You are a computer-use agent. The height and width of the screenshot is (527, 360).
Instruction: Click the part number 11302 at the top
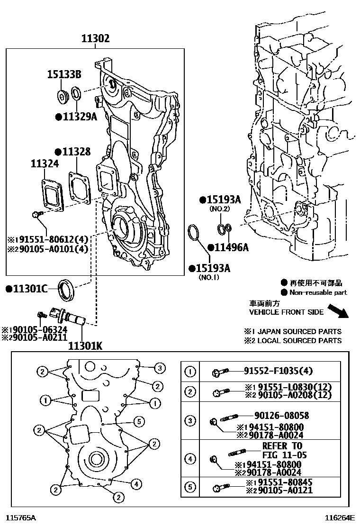coord(95,39)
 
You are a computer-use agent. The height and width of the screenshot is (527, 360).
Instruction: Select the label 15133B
coord(64,74)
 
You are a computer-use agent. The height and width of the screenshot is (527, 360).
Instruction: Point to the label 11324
coord(45,164)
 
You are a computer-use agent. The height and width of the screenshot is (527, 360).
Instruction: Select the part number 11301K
coord(86,345)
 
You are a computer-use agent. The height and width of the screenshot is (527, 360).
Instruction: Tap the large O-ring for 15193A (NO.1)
coord(193,234)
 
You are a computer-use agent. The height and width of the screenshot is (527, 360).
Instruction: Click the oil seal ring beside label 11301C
coord(65,290)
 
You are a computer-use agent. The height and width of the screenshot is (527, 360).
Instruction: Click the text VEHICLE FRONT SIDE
coord(287,312)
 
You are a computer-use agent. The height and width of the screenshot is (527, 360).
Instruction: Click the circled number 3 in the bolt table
coord(190,420)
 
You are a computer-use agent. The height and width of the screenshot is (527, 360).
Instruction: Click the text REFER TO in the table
coord(282,446)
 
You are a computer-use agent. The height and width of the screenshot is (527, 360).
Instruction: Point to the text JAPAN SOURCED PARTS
coord(299,331)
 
